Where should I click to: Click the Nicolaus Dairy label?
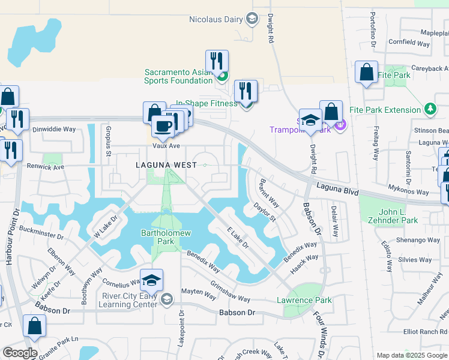point(215,19)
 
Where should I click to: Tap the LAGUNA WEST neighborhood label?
point(157,164)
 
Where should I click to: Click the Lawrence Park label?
point(304,300)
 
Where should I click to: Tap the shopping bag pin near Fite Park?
point(366,73)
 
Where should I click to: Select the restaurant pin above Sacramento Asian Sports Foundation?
point(217,61)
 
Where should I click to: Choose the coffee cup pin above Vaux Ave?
point(162,125)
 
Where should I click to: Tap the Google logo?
point(20,353)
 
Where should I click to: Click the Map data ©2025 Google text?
point(411,355)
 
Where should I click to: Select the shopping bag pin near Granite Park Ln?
point(35,326)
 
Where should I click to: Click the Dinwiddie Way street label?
point(54,129)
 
